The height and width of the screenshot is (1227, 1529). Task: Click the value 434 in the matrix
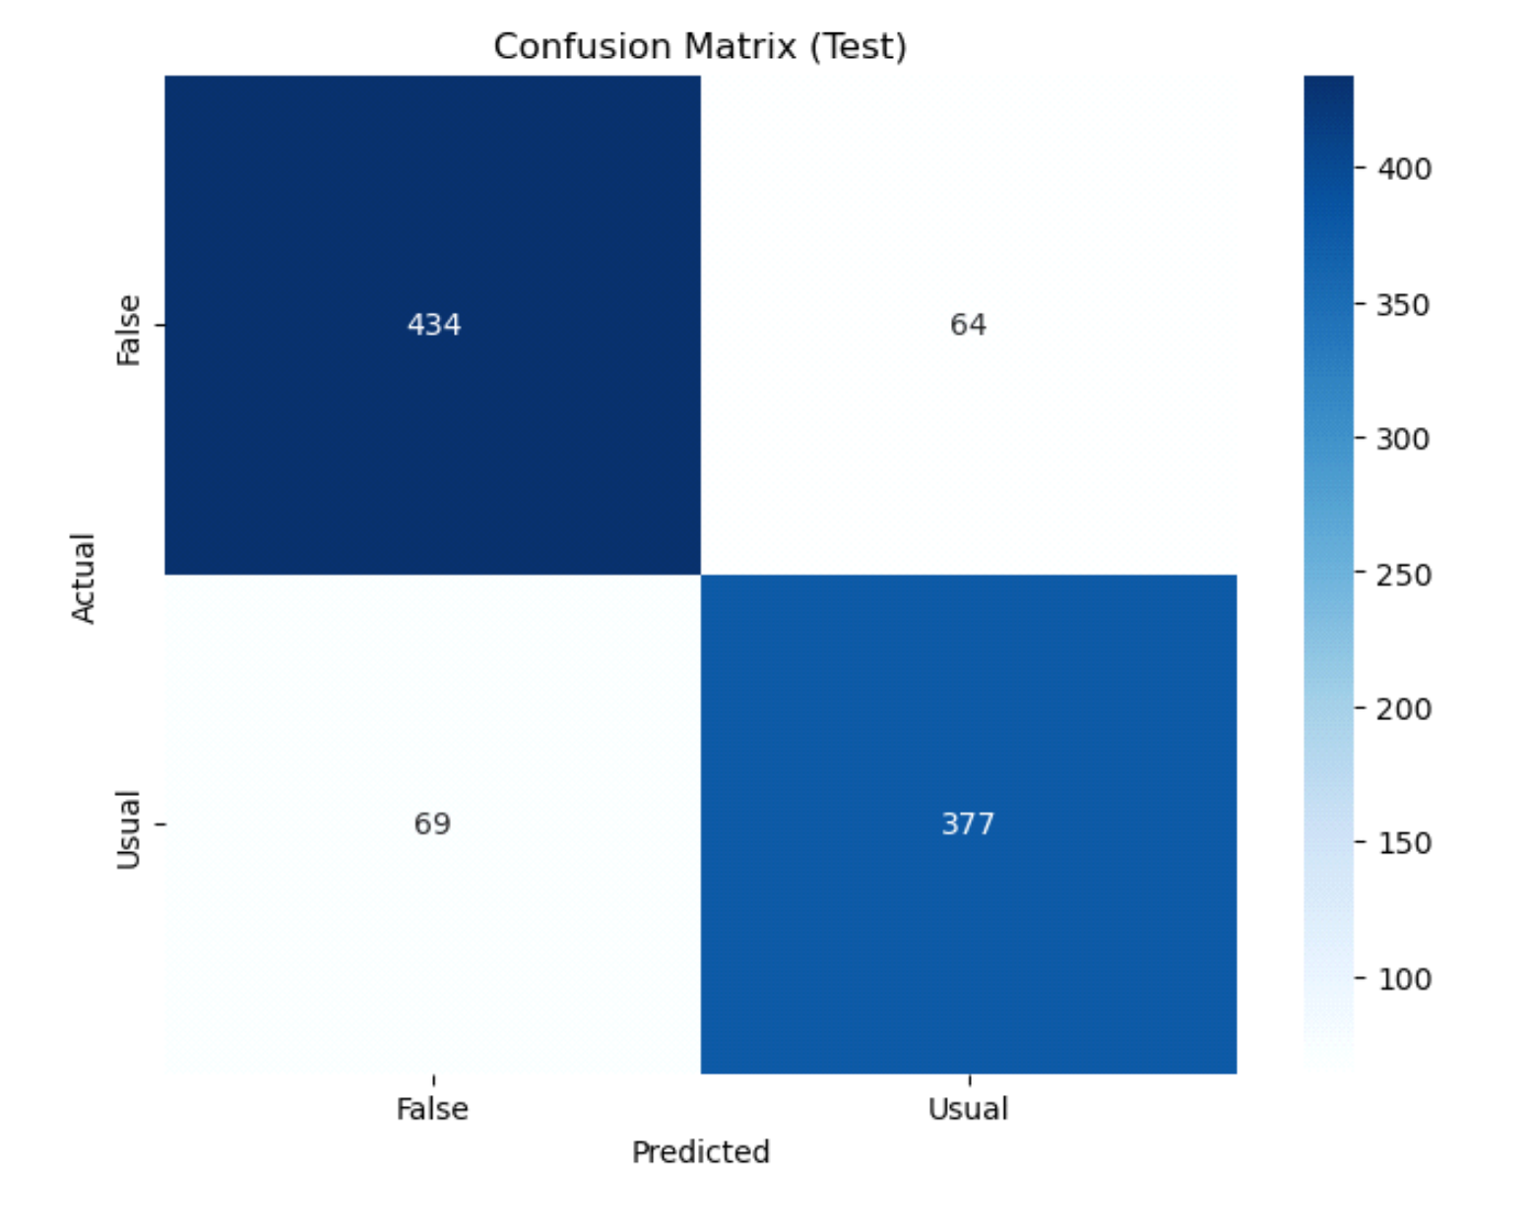(434, 325)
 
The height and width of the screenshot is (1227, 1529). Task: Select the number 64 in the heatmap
(968, 325)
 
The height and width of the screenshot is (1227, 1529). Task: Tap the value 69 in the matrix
(432, 824)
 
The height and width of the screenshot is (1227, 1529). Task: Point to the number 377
(968, 824)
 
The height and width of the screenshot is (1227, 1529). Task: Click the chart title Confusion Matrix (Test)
(700, 46)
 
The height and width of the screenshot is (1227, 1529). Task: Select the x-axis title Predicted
(700, 1151)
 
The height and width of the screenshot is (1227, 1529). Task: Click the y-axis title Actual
(84, 578)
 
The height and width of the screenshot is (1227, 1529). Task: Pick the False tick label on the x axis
(432, 1109)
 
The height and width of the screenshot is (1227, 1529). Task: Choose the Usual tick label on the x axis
(968, 1109)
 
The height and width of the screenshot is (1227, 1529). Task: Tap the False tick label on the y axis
(129, 331)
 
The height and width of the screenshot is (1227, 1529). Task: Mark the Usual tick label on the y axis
(129, 829)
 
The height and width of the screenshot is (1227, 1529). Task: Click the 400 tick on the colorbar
(1404, 169)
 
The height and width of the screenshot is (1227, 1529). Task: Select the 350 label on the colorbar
(1404, 305)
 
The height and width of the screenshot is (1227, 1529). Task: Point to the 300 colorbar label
(1404, 439)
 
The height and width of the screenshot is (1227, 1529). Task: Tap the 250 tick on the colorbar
(1404, 575)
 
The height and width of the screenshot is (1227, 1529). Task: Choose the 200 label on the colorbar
(1404, 708)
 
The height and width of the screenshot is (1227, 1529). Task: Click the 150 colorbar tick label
(1404, 843)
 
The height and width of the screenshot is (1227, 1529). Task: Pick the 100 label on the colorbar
(1404, 979)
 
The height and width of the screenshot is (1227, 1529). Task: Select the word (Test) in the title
(858, 46)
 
